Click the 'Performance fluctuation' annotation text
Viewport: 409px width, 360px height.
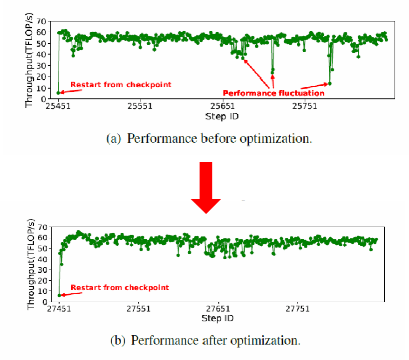(x=273, y=93)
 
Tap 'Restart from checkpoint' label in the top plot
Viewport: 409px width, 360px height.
(x=121, y=84)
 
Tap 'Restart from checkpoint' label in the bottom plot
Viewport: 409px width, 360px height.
(x=120, y=287)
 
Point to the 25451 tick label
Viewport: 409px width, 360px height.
(x=58, y=106)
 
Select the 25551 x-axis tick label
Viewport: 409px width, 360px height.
(x=140, y=106)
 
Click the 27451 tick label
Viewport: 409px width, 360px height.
(x=60, y=309)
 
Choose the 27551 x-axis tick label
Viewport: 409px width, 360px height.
(x=139, y=309)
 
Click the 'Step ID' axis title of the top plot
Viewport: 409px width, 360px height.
(x=222, y=116)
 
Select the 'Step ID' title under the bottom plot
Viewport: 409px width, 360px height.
(x=218, y=318)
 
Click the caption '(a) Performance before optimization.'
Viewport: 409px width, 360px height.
(x=209, y=138)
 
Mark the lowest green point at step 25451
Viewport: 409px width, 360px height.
(x=58, y=93)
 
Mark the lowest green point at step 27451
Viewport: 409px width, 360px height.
(x=59, y=295)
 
